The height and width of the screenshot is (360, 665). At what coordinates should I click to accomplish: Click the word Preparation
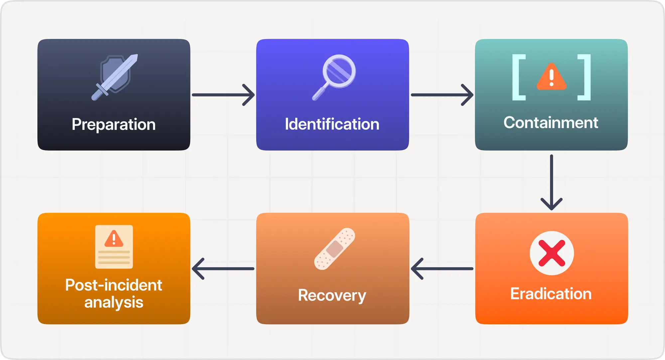pyautogui.click(x=114, y=125)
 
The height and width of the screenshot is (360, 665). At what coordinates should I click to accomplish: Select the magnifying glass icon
pyautogui.click(x=334, y=76)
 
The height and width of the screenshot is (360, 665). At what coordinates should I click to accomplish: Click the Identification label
pyautogui.click(x=332, y=124)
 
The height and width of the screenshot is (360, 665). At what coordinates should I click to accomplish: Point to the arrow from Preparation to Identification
pyautogui.click(x=223, y=95)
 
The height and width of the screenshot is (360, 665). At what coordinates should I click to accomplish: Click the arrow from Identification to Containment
pyautogui.click(x=442, y=95)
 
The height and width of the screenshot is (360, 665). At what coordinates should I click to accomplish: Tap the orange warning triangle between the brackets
pyautogui.click(x=551, y=77)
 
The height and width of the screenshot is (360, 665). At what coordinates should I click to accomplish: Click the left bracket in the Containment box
pyautogui.click(x=518, y=77)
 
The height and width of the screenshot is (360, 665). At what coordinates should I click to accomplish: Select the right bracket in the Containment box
pyautogui.click(x=585, y=77)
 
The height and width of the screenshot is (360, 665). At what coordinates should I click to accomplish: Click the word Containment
pyautogui.click(x=551, y=123)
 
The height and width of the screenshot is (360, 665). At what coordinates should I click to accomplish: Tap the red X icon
pyautogui.click(x=552, y=253)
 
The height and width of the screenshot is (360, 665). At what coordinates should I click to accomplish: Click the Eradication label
pyautogui.click(x=551, y=294)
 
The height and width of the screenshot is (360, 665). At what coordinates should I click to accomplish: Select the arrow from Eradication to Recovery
pyautogui.click(x=442, y=269)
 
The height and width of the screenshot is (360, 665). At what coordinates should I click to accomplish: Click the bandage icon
pyautogui.click(x=334, y=249)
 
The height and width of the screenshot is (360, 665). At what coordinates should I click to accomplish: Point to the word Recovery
pyautogui.click(x=332, y=296)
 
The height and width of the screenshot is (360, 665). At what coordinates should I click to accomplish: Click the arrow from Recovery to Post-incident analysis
pyautogui.click(x=223, y=269)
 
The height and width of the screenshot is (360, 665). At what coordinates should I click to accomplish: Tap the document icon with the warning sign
pyautogui.click(x=114, y=247)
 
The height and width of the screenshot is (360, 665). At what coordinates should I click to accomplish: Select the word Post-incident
pyautogui.click(x=114, y=285)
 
